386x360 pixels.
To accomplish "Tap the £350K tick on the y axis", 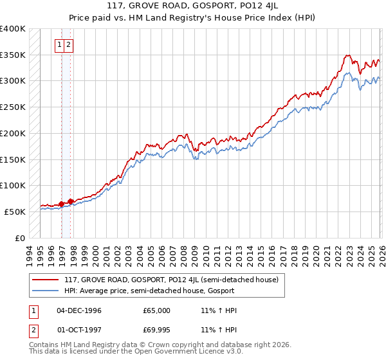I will (x=12, y=55).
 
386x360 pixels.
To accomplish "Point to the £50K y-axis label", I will (x=15, y=212).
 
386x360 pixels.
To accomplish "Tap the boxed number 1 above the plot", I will (x=59, y=45).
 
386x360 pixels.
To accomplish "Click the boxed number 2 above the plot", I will (x=68, y=45).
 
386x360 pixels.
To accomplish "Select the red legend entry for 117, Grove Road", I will (x=171, y=280).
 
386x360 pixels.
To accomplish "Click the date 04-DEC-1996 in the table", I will (x=78, y=310).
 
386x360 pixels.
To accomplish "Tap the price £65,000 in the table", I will (x=156, y=310).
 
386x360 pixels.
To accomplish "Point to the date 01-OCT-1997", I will (x=78, y=331).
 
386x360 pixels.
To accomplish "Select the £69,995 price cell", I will (x=156, y=331).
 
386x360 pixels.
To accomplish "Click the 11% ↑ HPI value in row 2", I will (x=219, y=331).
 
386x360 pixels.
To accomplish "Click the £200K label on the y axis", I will (x=12, y=134).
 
